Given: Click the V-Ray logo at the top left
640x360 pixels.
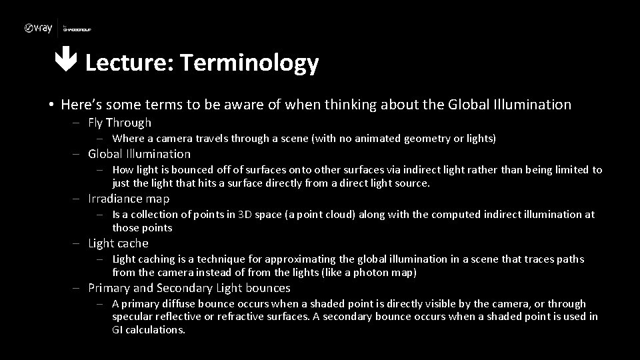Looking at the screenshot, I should pyautogui.click(x=38, y=28).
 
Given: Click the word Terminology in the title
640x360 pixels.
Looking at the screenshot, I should pyautogui.click(x=249, y=63).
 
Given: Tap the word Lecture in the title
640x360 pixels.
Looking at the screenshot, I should pyautogui.click(x=129, y=63).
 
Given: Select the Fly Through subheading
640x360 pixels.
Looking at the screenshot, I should pyautogui.click(x=120, y=123).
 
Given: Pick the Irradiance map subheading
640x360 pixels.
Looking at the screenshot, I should pyautogui.click(x=129, y=199).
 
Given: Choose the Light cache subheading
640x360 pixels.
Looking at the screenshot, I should pyautogui.click(x=118, y=243).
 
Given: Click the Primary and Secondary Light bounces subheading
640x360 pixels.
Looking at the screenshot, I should pyautogui.click(x=189, y=288).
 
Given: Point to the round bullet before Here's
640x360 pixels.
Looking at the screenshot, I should pyautogui.click(x=51, y=105).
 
